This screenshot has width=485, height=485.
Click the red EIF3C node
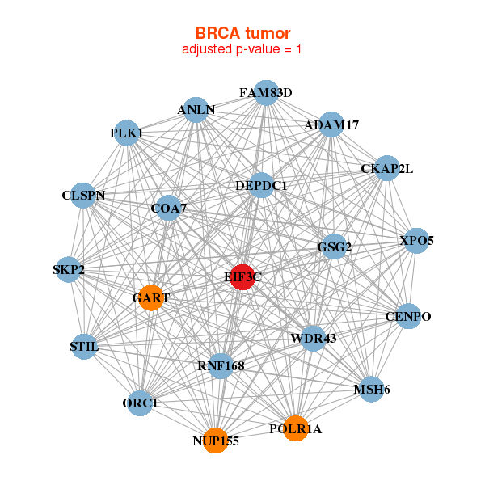point(243,277)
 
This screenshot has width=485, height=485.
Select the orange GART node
point(151,297)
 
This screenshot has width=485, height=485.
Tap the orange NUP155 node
point(215,441)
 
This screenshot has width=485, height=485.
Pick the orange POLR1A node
point(296,428)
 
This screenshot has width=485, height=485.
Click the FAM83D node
point(266,92)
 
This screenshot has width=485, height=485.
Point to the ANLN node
point(196,110)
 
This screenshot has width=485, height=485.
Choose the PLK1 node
point(127,133)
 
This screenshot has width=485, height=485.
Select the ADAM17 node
point(331,124)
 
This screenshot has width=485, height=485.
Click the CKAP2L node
point(387,168)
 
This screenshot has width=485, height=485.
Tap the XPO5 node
point(416,241)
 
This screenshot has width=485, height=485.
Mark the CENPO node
point(408,316)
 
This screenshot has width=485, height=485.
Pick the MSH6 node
point(372,389)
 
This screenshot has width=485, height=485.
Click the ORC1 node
point(140,403)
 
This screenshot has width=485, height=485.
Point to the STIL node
point(84,347)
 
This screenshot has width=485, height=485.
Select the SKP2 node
point(69,270)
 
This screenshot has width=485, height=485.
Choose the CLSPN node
point(83,196)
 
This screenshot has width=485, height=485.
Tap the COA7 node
point(169,208)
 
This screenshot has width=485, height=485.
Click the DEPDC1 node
point(261,185)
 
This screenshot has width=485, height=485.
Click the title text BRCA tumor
point(242,33)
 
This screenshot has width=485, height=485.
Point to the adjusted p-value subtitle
point(242,49)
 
